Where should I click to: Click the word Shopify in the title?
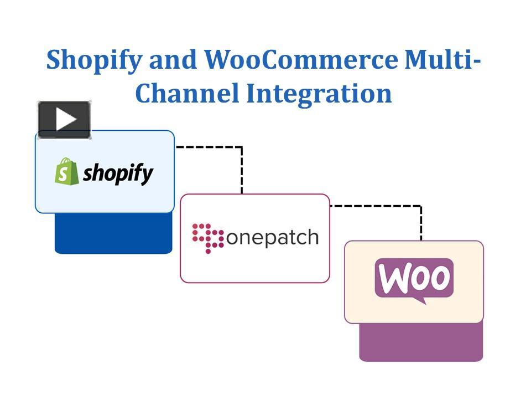pyautogui.click(x=93, y=60)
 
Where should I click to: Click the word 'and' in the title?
pyautogui.click(x=173, y=59)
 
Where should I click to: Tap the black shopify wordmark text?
pyautogui.click(x=118, y=173)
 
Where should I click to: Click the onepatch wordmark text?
pyautogui.click(x=272, y=238)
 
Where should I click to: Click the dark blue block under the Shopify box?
pyautogui.click(x=113, y=235)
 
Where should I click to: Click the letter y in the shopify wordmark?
pyautogui.click(x=147, y=176)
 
